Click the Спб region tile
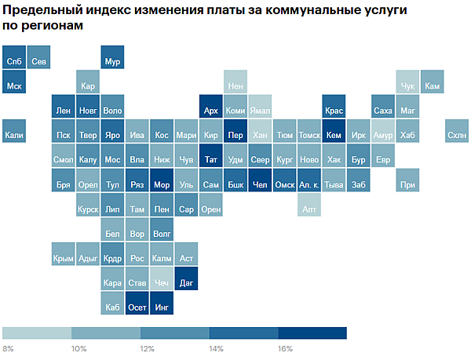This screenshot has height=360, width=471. tap(13, 60)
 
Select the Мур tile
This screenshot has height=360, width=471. tap(112, 60)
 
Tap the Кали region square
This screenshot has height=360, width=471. tap(13, 135)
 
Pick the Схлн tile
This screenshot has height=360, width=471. tap(456, 135)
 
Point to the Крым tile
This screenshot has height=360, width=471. tap(63, 257)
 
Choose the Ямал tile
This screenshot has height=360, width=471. tap(261, 111)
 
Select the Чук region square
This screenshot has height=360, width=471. tap(407, 85)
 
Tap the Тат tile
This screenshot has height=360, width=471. tap(210, 160)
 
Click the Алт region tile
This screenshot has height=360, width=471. tap(309, 209)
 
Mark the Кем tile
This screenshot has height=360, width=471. tap(334, 135)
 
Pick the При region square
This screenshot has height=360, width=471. tap(407, 184)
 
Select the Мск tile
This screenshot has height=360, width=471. tap(13, 85)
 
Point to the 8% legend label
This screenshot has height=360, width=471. tap(9, 348)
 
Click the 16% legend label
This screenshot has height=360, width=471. tap(285, 348)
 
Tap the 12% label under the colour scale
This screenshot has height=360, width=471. tap(147, 348)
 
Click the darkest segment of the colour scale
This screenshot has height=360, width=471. tap(312, 333)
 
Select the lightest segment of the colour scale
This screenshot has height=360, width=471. tap(37, 333)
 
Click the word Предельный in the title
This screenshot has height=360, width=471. tap(43, 11)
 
